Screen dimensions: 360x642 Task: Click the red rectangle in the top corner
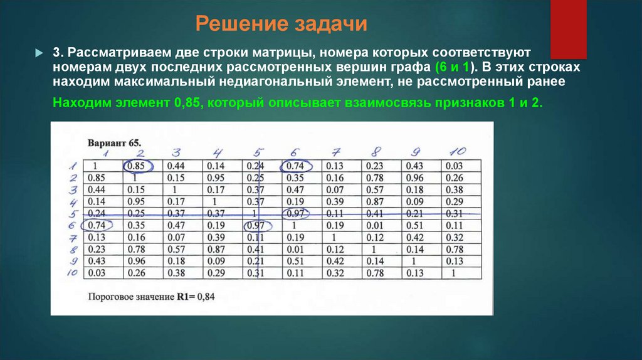[568, 28]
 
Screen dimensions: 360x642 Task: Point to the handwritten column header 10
[457, 152]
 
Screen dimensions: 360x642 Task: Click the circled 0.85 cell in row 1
[137, 166]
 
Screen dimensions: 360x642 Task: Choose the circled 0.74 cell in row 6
[96, 225]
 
